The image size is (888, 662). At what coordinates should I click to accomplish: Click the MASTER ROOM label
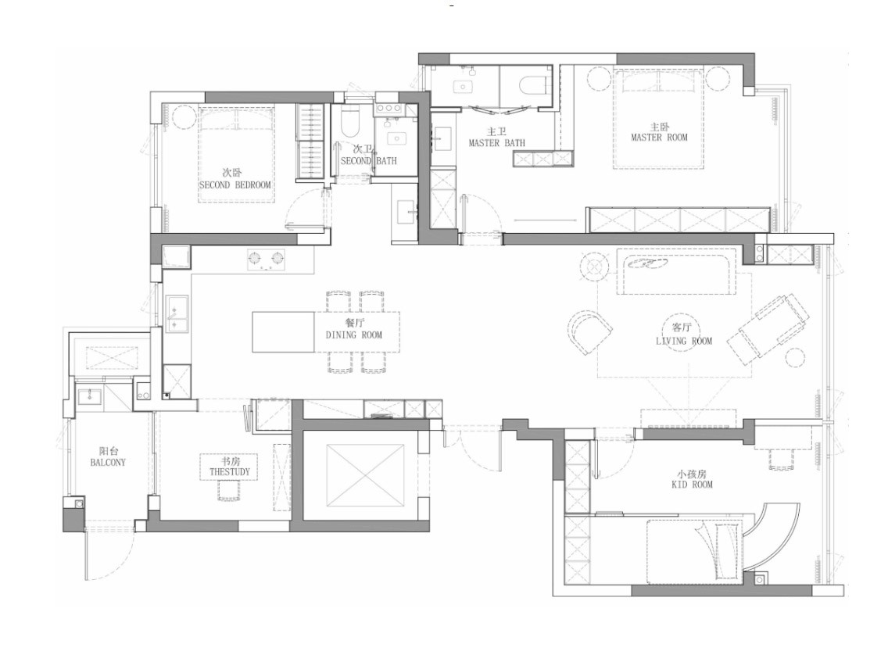click(x=659, y=137)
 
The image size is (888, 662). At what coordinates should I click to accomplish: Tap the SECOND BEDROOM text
click(x=235, y=184)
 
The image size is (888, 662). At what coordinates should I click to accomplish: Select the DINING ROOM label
click(x=354, y=335)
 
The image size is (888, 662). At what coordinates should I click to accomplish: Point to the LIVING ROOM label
click(x=683, y=341)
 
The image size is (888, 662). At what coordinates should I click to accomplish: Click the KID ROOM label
click(x=692, y=484)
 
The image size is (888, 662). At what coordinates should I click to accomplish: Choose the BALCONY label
click(x=108, y=462)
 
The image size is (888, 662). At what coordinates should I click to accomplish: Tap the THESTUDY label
click(x=229, y=471)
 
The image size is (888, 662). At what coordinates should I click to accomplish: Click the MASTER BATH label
click(x=496, y=143)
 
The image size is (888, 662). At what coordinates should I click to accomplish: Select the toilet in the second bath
click(x=349, y=122)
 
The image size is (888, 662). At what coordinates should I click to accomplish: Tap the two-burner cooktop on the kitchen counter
click(x=266, y=259)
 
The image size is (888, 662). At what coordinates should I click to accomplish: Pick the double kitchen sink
click(x=177, y=313)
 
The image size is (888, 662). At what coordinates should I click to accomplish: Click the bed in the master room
click(x=658, y=118)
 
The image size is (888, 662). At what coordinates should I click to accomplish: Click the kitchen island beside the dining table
click(x=283, y=332)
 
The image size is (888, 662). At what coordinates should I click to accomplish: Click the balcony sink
click(x=89, y=396)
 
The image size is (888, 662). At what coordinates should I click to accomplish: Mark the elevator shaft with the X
click(x=365, y=476)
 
